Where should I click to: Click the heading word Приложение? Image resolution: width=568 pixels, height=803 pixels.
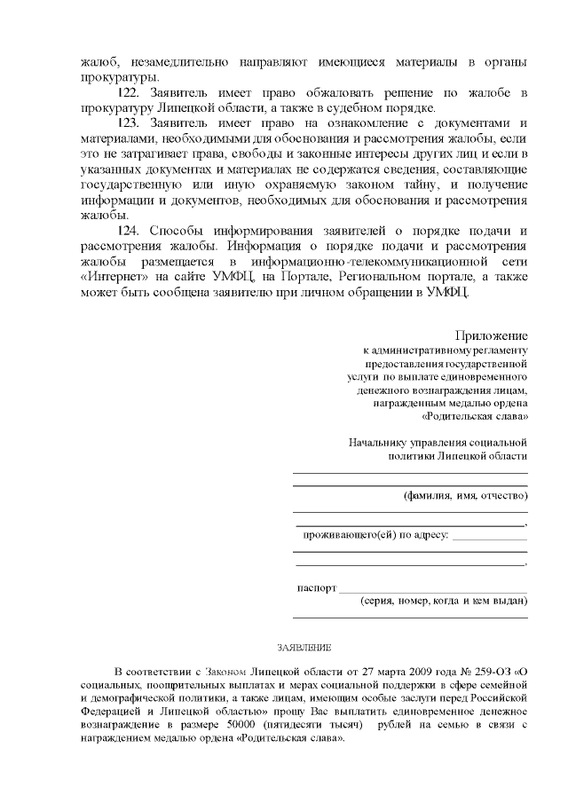[x=492, y=335]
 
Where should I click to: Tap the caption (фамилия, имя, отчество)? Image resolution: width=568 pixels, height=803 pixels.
[x=465, y=495]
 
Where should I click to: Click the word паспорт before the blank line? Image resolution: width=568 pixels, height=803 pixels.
[x=316, y=587]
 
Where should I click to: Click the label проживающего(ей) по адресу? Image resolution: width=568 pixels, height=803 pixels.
[x=375, y=535]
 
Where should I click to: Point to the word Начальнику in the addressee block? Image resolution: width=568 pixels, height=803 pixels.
[x=379, y=441]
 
